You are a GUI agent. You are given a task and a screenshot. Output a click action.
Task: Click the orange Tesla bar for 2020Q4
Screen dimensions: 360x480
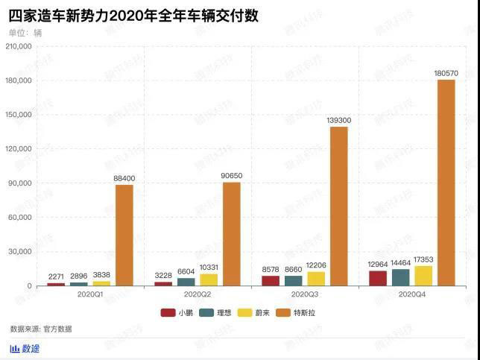point(446,183)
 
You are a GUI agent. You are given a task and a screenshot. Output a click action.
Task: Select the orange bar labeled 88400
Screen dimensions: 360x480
point(124,235)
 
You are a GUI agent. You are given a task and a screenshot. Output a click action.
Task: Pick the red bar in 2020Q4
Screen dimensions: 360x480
point(378,278)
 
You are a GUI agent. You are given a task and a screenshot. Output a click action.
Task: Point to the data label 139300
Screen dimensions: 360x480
point(339,120)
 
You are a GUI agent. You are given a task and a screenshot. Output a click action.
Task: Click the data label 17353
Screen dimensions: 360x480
point(423,259)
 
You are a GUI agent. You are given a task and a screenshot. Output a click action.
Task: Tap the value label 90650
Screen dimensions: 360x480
point(231,176)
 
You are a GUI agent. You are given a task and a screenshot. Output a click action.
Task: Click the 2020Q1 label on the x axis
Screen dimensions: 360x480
point(90,294)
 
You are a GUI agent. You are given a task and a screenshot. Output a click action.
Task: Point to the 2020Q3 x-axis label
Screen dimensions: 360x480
point(305,294)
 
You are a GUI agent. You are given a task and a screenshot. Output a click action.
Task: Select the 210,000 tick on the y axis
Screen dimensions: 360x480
point(18,46)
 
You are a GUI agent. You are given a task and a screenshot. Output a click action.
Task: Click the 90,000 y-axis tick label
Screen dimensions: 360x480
point(20,183)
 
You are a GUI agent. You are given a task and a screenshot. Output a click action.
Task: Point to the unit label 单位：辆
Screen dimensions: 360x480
point(26,33)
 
